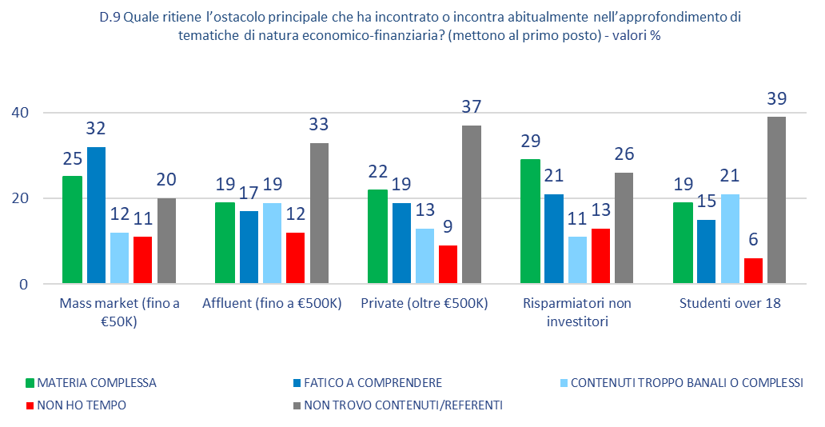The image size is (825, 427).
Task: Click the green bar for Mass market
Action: [x=73, y=229]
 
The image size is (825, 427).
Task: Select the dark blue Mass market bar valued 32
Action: [x=96, y=214]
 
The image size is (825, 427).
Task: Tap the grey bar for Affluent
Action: [x=319, y=213]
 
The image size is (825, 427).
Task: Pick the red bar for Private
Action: [x=449, y=265]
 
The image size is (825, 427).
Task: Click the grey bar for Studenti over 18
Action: [x=776, y=200]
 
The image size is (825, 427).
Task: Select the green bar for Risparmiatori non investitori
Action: [x=530, y=221]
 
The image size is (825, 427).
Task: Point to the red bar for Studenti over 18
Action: [x=753, y=271]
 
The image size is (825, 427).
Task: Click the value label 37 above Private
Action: [x=472, y=107]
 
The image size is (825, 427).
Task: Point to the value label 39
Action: [x=776, y=98]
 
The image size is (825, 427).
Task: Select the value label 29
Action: [x=530, y=142]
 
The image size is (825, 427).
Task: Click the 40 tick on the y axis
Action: [x=20, y=113]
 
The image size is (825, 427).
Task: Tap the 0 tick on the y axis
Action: [x=24, y=284]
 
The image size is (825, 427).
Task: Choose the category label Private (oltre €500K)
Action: [x=424, y=305]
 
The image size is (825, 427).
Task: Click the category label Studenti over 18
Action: [x=730, y=305]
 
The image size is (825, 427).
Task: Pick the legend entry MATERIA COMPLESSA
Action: [x=97, y=382]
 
